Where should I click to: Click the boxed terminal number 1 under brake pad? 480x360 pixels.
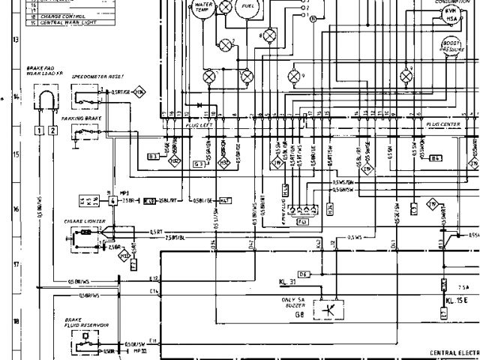tap(38, 130)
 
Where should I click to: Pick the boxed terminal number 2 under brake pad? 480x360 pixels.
tap(52, 130)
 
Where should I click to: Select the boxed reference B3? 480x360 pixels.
tap(153, 156)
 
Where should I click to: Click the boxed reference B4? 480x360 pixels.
tap(437, 158)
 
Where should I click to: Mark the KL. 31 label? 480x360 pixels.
tap(288, 283)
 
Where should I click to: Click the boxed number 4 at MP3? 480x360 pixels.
tap(112, 201)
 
